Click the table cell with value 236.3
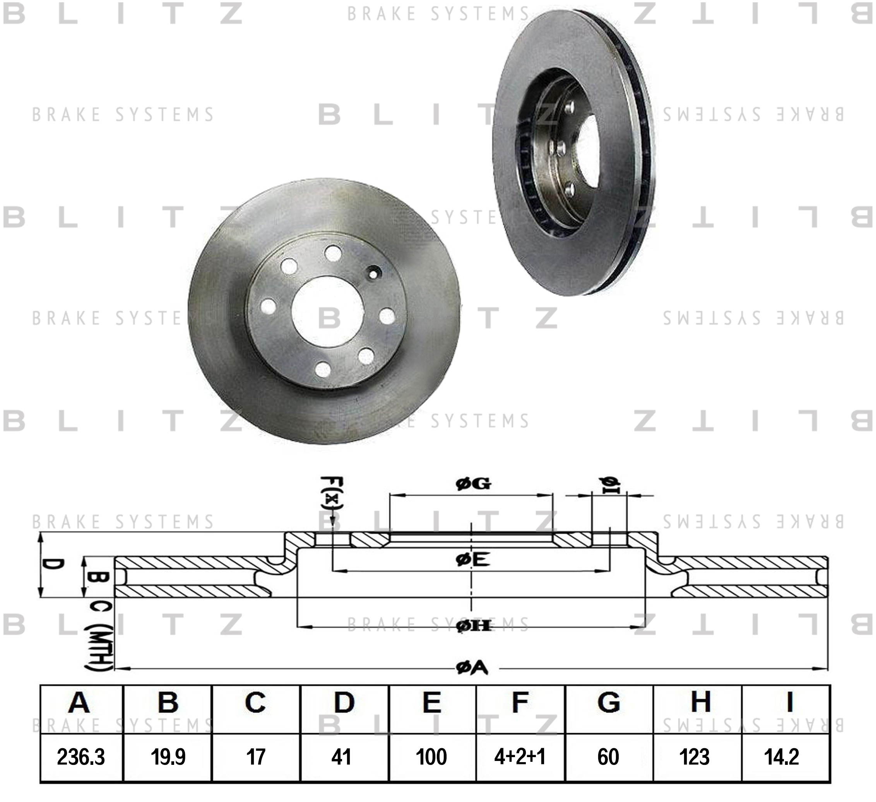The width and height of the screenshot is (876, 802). point(81,757)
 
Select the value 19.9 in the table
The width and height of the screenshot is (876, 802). point(168,757)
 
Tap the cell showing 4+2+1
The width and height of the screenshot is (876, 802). point(520,757)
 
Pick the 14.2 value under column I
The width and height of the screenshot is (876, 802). point(781,757)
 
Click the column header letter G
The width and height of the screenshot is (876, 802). point(608,702)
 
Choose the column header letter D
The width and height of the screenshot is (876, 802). point(344,702)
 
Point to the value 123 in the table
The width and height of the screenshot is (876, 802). point(695,757)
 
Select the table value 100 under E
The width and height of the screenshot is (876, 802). point(431,757)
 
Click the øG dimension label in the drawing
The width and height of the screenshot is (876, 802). point(473,483)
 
